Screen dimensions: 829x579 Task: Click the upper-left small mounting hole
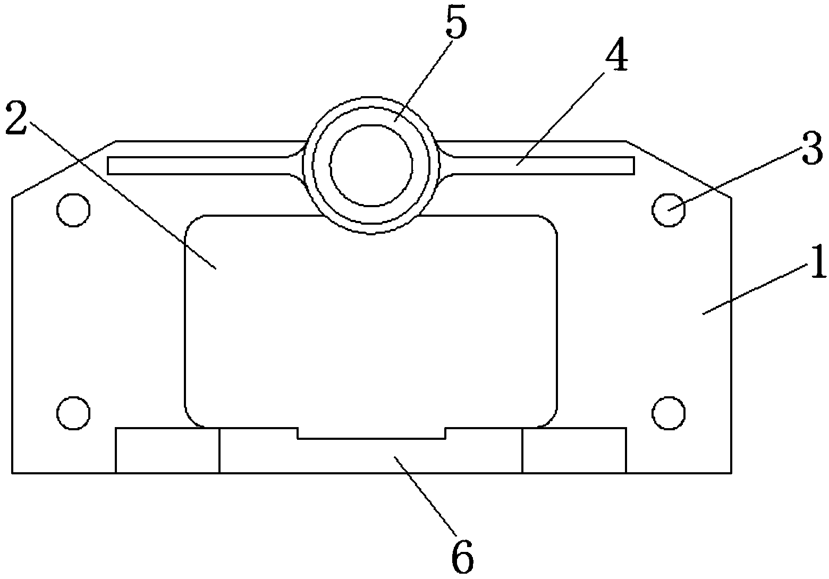pos(73,210)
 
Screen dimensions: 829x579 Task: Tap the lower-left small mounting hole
pos(73,413)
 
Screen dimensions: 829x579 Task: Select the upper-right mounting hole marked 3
pos(668,210)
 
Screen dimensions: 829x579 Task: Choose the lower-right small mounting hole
pos(668,413)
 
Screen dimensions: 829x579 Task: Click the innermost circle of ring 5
pos(371,165)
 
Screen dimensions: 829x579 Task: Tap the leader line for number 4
pos(563,117)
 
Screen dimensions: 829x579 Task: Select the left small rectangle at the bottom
pos(167,450)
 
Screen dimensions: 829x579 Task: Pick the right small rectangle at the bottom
pos(574,450)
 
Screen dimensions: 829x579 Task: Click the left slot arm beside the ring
pos(202,165)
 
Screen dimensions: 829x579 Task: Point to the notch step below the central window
pos(371,433)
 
